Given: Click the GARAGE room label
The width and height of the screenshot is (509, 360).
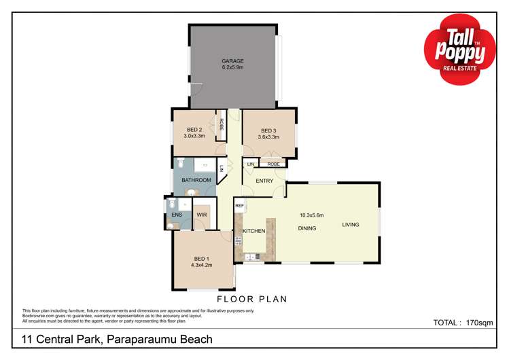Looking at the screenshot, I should click(x=232, y=60).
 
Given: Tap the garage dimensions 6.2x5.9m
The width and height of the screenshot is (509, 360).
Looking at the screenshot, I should click(x=232, y=68).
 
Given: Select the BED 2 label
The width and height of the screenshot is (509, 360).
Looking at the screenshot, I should click(x=194, y=130).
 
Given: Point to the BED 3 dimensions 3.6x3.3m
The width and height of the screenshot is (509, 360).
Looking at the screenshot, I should click(x=269, y=137).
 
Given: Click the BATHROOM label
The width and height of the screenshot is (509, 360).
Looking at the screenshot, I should click(x=196, y=180).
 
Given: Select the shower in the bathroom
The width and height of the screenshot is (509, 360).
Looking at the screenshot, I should click(x=204, y=164).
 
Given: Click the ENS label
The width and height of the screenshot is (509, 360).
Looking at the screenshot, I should click(x=176, y=215).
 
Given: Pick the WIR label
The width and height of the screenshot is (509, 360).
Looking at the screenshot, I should click(x=201, y=215).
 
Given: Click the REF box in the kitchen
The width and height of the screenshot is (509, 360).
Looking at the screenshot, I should click(x=239, y=205).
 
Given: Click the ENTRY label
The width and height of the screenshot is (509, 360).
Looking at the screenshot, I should click(x=264, y=180).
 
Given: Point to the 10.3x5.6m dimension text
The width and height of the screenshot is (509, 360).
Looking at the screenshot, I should click(x=312, y=215).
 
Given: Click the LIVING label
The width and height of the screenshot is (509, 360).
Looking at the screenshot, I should click(x=351, y=225).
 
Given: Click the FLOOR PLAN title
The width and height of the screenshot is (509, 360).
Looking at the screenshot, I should click(x=251, y=299).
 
